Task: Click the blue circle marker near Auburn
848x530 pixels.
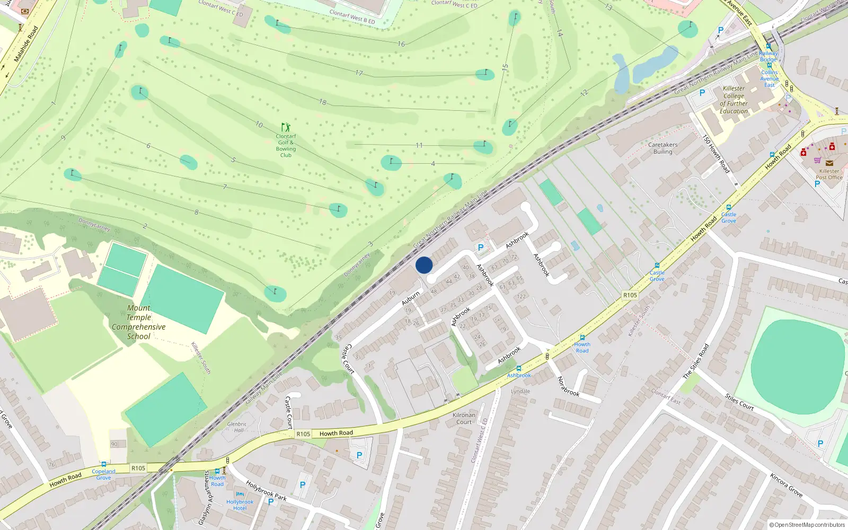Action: point(424,265)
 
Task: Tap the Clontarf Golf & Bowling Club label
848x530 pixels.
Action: point(286,145)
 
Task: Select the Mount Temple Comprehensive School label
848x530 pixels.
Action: point(138,322)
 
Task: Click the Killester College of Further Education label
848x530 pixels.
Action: point(734,100)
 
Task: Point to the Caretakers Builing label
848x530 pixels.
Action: point(662,148)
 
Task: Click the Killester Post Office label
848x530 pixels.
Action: point(829,174)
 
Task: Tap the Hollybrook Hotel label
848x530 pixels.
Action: point(240,505)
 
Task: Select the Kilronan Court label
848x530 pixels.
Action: point(464,419)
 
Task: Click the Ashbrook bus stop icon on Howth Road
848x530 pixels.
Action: point(518,368)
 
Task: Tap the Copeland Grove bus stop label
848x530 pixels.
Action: point(103,474)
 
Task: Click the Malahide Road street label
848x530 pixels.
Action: point(26,43)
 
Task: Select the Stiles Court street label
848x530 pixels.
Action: point(739,402)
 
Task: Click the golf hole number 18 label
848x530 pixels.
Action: point(323,102)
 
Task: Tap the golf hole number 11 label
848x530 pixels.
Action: point(419,145)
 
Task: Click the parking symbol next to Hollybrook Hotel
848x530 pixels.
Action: point(271,502)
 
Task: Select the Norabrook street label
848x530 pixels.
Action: point(568,386)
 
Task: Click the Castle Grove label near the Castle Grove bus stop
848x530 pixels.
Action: point(657,276)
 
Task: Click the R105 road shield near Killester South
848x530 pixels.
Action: point(630,295)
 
